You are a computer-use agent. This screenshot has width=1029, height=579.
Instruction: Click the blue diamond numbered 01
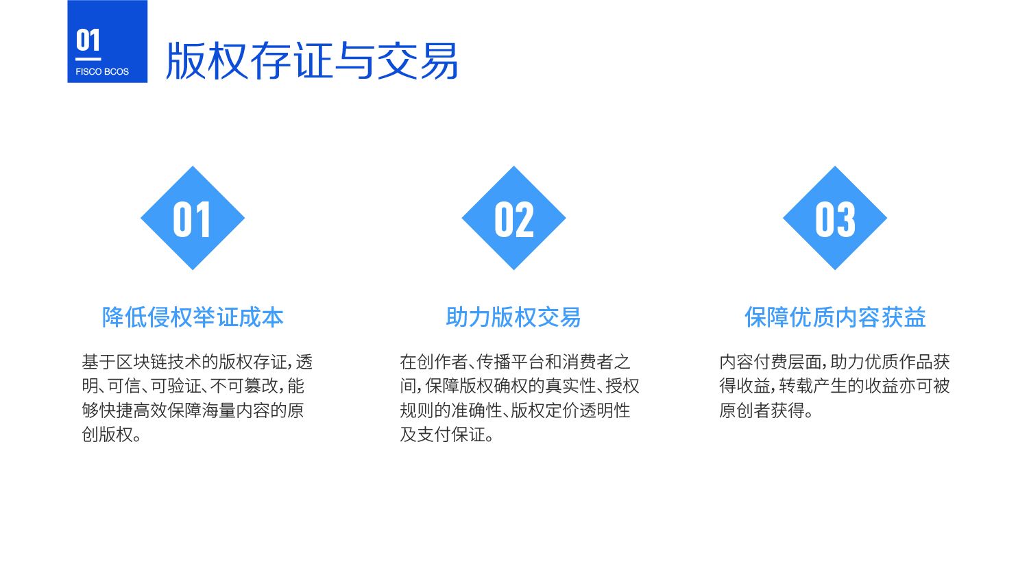click(193, 218)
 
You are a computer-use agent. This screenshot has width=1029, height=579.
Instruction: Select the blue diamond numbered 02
click(513, 218)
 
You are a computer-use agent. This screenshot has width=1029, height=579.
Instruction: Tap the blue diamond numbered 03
click(835, 218)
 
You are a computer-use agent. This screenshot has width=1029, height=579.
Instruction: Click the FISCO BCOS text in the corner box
click(102, 72)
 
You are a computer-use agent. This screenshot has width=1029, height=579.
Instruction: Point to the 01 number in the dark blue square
click(88, 40)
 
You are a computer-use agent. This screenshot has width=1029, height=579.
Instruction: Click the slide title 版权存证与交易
click(312, 60)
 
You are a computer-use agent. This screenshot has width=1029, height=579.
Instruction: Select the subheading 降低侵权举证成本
click(193, 317)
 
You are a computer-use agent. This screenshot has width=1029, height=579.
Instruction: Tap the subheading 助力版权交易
click(513, 317)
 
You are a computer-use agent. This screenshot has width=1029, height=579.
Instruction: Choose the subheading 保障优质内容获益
click(835, 317)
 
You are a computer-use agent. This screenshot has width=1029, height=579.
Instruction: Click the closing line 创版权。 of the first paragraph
click(112, 434)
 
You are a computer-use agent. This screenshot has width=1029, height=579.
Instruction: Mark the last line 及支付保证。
click(447, 434)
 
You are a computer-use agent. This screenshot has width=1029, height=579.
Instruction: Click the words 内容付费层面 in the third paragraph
click(770, 362)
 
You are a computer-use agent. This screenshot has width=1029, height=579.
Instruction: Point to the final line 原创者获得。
click(766, 410)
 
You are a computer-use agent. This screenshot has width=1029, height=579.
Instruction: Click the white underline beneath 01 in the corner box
click(88, 59)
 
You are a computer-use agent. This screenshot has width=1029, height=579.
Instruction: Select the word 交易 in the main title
click(417, 60)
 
